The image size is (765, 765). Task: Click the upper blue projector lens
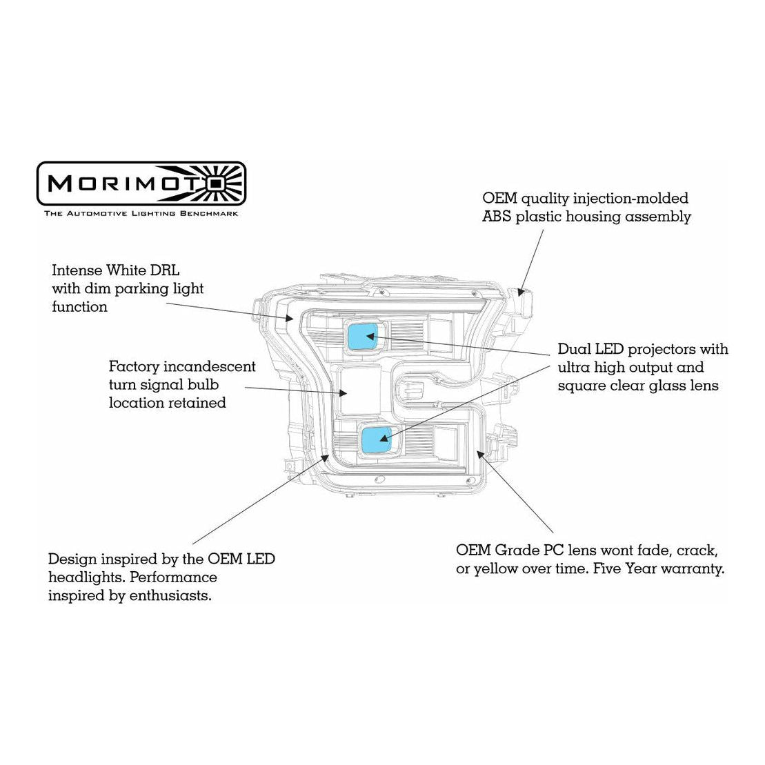pos(363,336)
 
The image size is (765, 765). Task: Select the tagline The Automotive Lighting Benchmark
pos(141,214)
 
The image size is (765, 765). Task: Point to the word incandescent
pos(209,366)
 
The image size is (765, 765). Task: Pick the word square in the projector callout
pos(581,386)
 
